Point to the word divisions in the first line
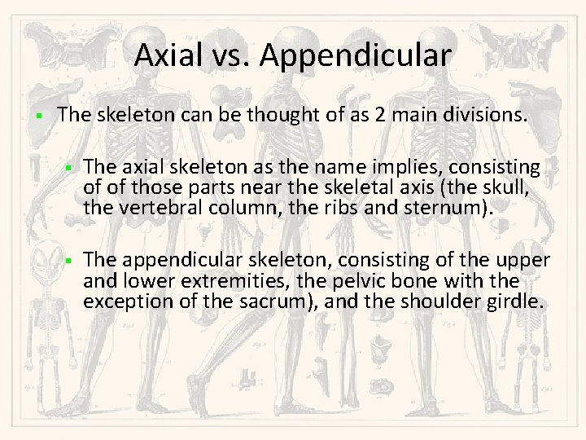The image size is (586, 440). (485, 116)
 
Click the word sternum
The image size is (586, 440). (452, 207)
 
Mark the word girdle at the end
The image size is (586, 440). (518, 301)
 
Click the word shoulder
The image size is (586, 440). (457, 301)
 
